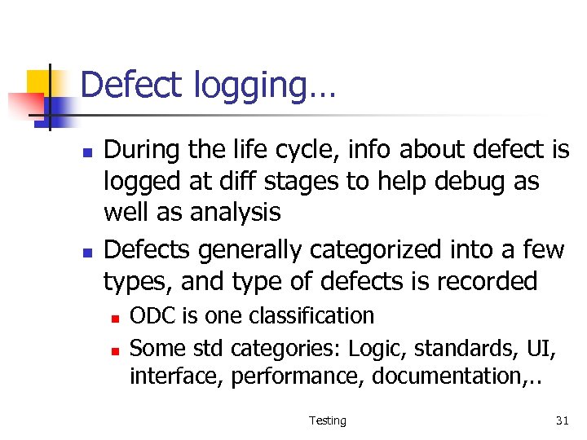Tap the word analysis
[236, 213]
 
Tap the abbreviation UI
[543, 348]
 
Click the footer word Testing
[328, 420]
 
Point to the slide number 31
[562, 420]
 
